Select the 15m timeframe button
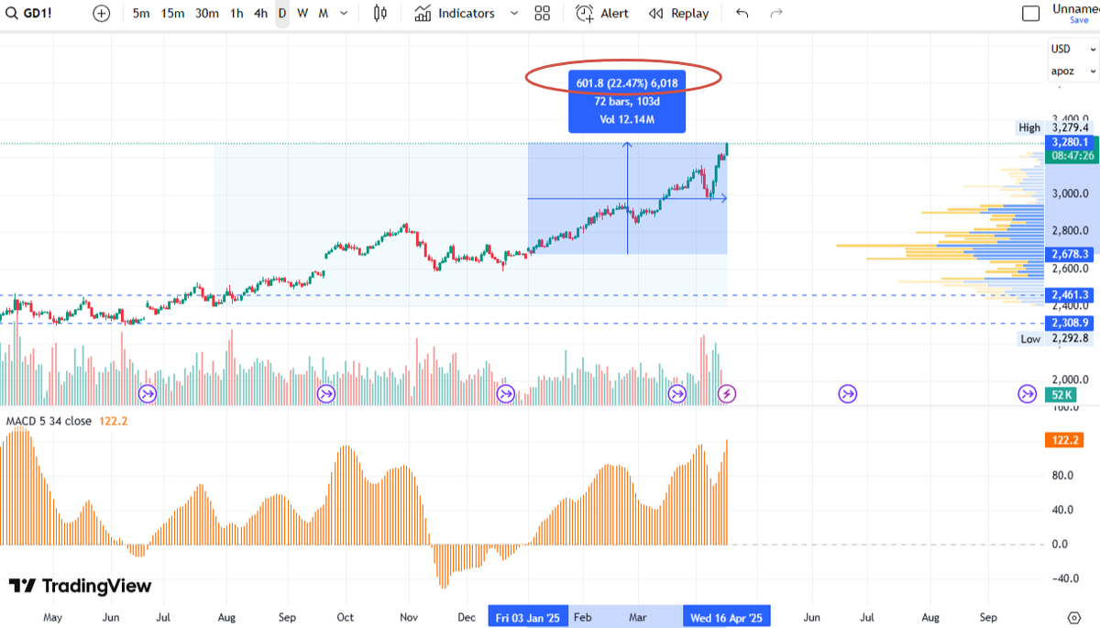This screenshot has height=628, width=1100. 172,14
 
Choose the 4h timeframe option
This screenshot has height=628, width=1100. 261,14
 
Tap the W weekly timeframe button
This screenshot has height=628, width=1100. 302,14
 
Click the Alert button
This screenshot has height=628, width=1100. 602,14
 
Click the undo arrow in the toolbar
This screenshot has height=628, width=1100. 742,14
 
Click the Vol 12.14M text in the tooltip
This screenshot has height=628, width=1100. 626,119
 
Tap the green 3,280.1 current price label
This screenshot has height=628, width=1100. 1071,142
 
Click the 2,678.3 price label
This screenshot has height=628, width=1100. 1070,254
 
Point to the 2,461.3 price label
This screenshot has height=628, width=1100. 1070,294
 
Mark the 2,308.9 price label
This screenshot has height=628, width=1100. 1070,323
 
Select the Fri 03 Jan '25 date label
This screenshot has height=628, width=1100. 528,617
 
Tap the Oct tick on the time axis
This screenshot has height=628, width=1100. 345,617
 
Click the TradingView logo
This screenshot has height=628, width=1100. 80,587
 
